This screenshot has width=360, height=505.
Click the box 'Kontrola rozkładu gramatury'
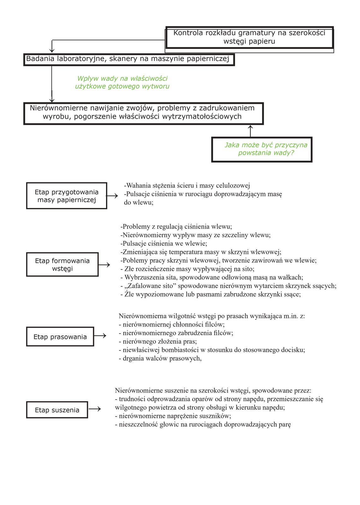(x=249, y=37)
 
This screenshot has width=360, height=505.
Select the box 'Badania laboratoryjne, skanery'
(x=129, y=59)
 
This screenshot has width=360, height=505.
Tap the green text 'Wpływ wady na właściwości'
(x=122, y=79)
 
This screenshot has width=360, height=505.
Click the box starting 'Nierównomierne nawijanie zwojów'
(x=143, y=113)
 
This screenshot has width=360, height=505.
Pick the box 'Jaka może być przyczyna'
(x=262, y=149)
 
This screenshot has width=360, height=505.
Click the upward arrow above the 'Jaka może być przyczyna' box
(x=251, y=131)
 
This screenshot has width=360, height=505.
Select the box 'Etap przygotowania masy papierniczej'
(x=67, y=196)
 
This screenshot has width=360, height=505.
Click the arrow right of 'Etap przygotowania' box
(x=112, y=196)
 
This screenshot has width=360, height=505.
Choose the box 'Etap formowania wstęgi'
(x=62, y=264)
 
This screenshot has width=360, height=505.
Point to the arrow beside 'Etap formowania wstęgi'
(x=104, y=264)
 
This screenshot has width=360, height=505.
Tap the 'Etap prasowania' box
(x=60, y=337)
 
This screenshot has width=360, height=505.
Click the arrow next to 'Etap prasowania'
(x=100, y=336)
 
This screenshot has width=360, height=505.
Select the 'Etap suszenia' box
(x=57, y=410)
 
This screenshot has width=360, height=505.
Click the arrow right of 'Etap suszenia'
(x=95, y=409)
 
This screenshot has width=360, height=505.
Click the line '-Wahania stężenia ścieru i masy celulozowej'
(x=187, y=186)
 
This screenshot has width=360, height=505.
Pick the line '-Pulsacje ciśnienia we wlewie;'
(x=164, y=243)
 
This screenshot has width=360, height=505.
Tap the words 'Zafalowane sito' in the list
(x=149, y=286)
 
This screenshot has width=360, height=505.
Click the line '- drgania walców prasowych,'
(x=160, y=358)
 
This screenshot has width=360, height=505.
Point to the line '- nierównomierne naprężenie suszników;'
(x=173, y=416)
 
